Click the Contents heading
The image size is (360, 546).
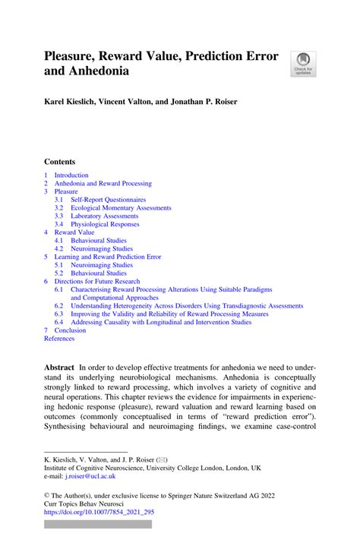(60, 162)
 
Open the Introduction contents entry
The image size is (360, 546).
(71, 175)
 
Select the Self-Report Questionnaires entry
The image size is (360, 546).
(107, 200)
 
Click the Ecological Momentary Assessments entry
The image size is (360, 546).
(121, 207)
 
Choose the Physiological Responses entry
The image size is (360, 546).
(105, 224)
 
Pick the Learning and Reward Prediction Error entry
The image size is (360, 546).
(107, 257)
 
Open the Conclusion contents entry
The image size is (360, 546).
(70, 330)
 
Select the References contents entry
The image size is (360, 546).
(60, 339)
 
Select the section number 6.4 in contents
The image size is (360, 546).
(58, 322)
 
